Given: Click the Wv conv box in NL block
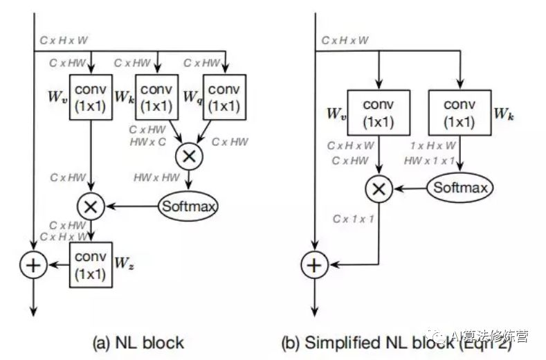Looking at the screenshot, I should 90,97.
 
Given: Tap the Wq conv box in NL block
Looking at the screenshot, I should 224,97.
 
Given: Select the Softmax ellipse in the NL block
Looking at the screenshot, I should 188,206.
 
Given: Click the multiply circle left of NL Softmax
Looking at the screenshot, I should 90,206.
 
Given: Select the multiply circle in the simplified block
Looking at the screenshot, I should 377,188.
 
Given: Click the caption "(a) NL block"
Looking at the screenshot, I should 140,341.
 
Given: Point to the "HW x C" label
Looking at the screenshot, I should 147,141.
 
